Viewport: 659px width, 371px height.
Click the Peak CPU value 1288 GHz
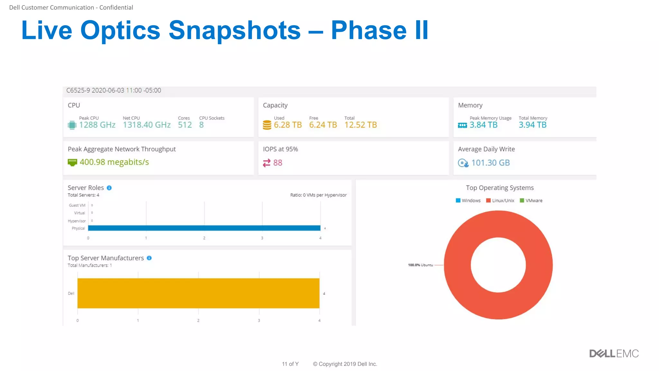(x=97, y=125)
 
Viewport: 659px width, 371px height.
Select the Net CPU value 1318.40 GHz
(x=147, y=125)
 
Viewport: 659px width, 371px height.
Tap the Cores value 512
(x=185, y=125)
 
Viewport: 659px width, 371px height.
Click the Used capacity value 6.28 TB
(x=288, y=125)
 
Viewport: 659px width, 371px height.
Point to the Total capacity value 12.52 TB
(x=360, y=125)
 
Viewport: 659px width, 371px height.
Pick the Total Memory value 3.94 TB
(x=533, y=125)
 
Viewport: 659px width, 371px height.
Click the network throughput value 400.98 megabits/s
(x=114, y=162)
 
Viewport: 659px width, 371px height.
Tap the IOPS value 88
(x=278, y=163)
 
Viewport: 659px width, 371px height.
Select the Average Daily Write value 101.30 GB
(x=490, y=163)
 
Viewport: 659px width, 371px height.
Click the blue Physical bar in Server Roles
(x=204, y=228)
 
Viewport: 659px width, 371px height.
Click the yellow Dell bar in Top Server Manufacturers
(x=198, y=293)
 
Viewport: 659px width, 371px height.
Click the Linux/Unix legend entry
(x=500, y=201)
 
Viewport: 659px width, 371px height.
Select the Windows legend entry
(x=468, y=201)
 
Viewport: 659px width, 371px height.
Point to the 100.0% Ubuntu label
(x=420, y=265)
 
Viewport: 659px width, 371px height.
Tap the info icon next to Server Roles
(x=109, y=188)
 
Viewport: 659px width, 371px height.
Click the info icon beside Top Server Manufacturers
(x=149, y=258)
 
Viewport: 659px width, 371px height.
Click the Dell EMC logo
(x=614, y=354)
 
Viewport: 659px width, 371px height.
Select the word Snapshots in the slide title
(x=235, y=30)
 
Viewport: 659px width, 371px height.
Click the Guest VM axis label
(x=77, y=205)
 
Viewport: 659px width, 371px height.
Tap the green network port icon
(x=72, y=162)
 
